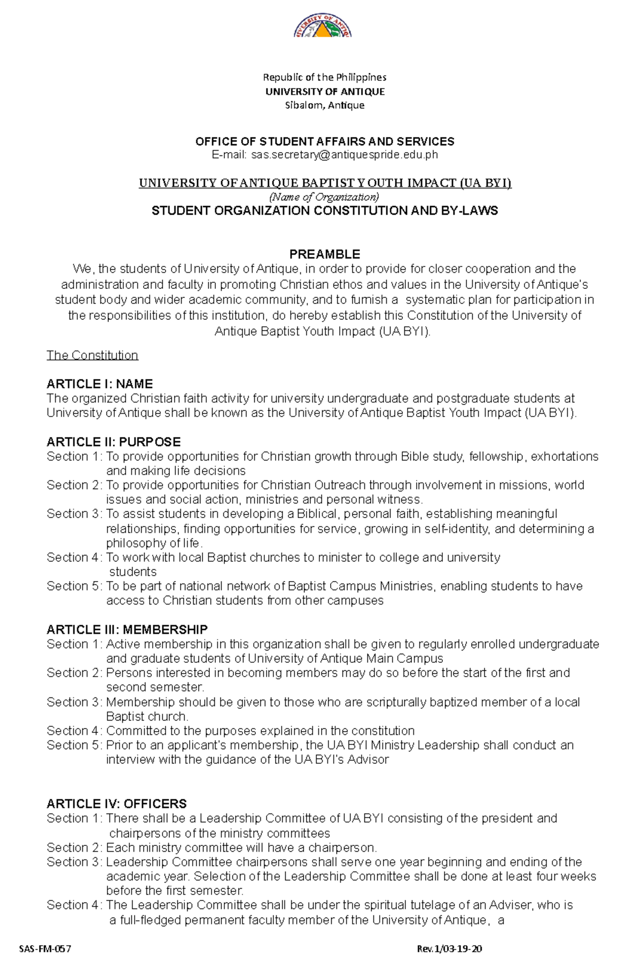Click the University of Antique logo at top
323,27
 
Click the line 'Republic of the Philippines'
325,77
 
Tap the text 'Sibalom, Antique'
325,105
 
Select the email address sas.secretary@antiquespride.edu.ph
340,155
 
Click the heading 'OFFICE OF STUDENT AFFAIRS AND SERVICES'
325,142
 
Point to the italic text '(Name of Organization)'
324,197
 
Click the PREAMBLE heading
325,254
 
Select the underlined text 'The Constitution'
92,355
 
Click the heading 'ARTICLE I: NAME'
99,384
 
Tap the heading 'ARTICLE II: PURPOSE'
113,442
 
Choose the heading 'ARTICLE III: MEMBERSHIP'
127,629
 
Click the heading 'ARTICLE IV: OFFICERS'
116,804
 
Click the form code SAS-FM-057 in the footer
45,949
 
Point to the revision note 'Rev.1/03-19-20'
449,949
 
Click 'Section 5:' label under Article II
74,586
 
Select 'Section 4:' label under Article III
74,731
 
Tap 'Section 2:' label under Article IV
74,848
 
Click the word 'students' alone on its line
132,572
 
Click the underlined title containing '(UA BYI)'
325,183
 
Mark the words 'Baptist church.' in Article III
147,716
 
